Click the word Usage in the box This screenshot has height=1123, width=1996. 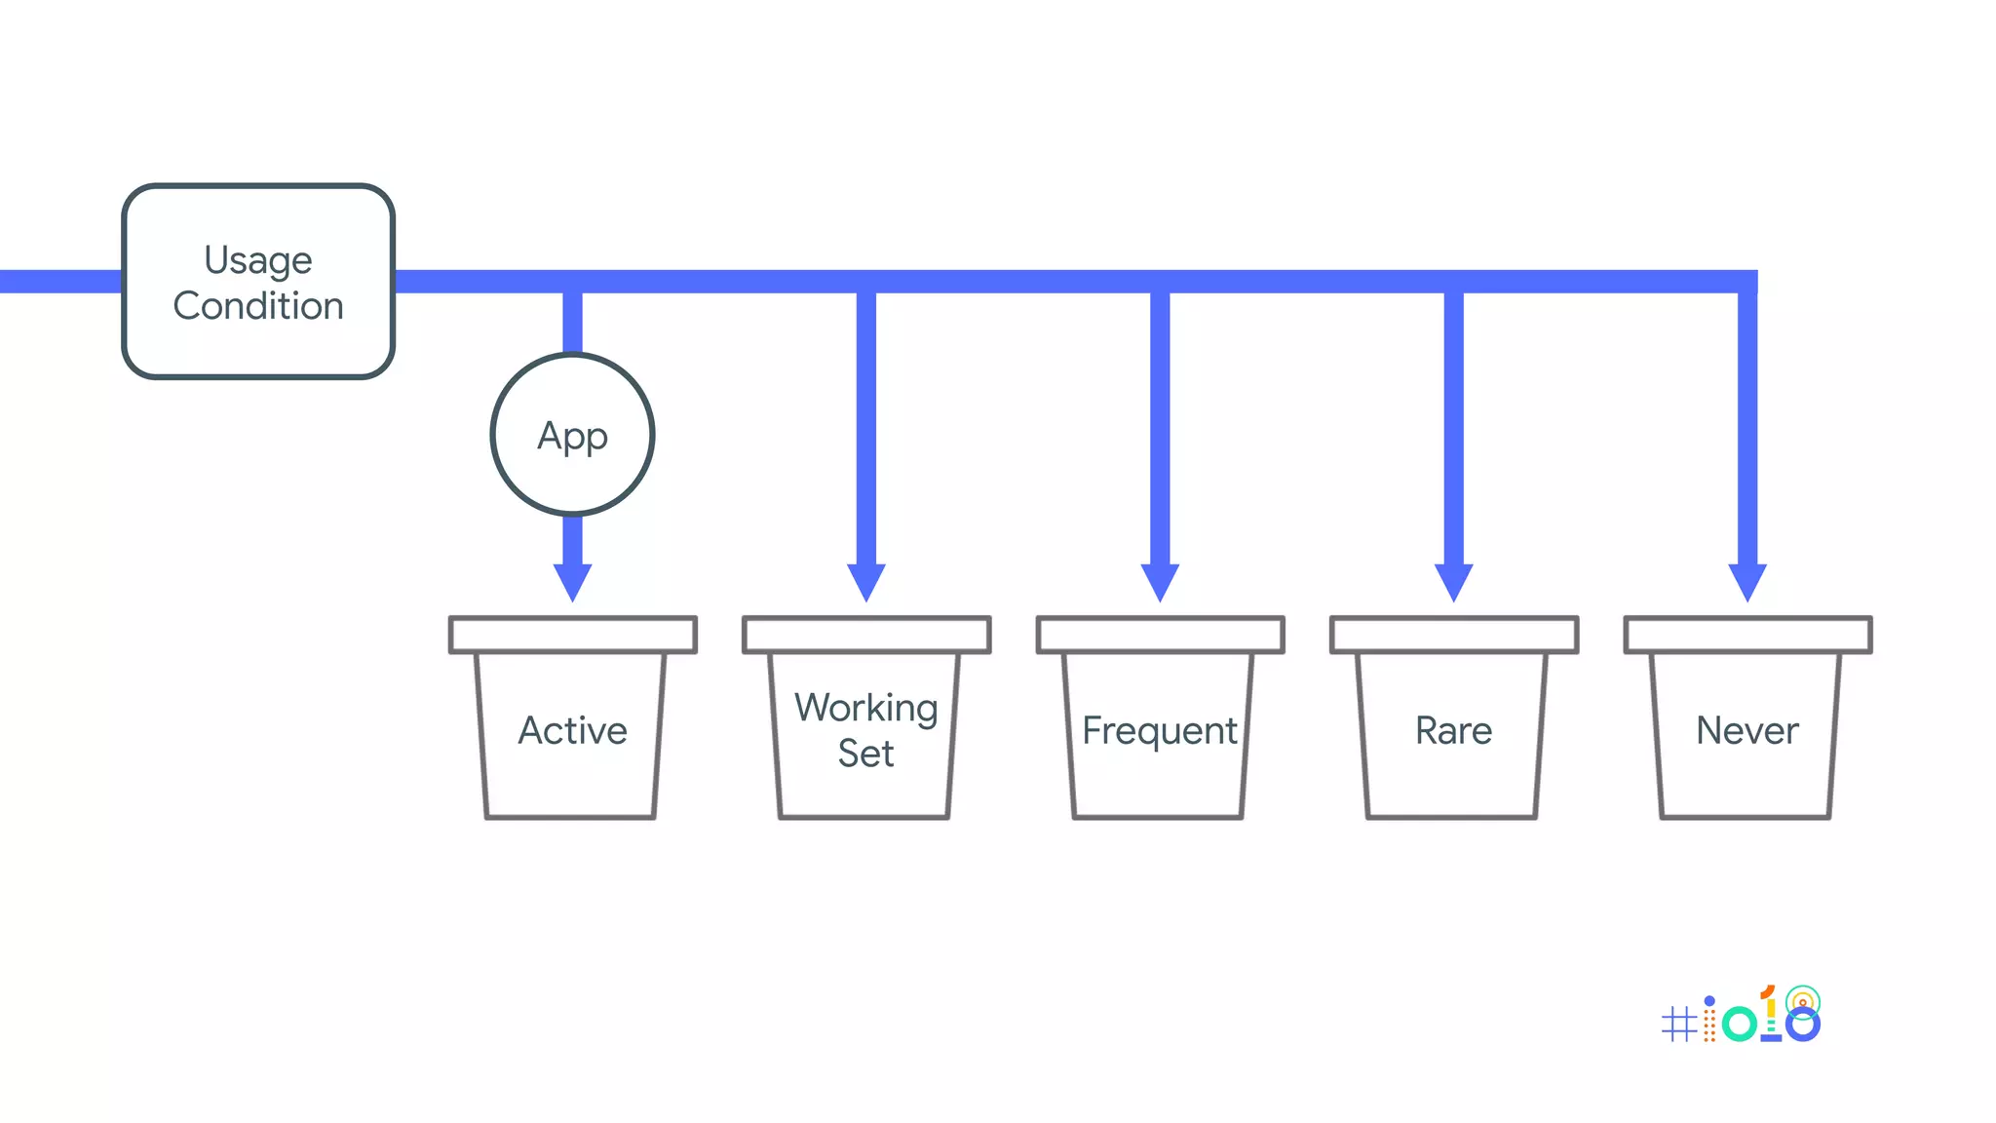(x=258, y=260)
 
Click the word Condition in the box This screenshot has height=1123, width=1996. (x=258, y=306)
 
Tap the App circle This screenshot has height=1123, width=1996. (x=572, y=435)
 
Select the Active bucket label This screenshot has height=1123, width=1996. (x=572, y=730)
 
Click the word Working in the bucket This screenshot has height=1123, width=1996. (x=865, y=708)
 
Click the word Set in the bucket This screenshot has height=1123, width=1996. (x=865, y=754)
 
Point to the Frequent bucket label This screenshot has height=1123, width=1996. (x=1159, y=730)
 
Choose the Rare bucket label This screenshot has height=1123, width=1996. (x=1453, y=730)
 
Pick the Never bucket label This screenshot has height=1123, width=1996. (x=1746, y=730)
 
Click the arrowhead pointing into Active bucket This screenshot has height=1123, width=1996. (x=572, y=581)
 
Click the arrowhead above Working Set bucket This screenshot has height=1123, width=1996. (x=865, y=581)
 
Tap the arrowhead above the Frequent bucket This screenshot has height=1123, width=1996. (x=1160, y=581)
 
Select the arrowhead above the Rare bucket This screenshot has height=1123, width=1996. (x=1453, y=581)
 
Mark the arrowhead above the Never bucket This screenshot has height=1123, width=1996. (x=1746, y=581)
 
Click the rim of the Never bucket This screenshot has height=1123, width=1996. (x=1747, y=635)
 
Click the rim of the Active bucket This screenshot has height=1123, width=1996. (x=572, y=635)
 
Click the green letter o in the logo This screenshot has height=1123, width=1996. (x=1739, y=1024)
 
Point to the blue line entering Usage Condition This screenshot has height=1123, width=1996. (x=58, y=282)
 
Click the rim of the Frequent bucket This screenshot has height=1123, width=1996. (x=1160, y=635)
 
